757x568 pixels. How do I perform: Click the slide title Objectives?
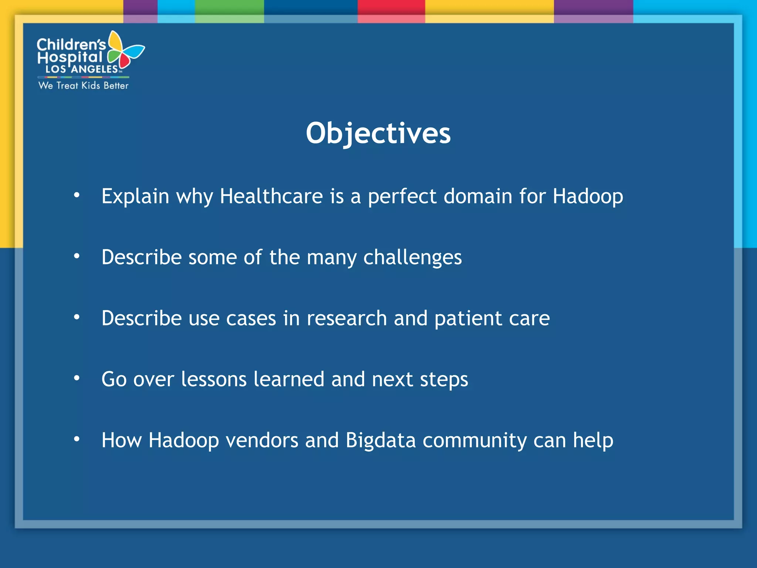coord(378,133)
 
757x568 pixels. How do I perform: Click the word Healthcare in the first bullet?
coord(271,196)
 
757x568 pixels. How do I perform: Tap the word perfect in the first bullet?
coord(402,196)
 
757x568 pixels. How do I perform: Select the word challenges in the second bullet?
coord(412,257)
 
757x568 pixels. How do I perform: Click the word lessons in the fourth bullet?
coord(214,379)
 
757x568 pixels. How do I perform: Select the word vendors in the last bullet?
coord(262,440)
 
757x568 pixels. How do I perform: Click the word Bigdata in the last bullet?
coord(381,440)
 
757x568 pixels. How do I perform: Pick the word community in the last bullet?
coord(475,440)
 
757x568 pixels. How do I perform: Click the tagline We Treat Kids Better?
coord(84,85)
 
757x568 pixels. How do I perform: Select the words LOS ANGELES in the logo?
coord(82,69)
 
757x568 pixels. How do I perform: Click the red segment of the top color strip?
coord(391,7)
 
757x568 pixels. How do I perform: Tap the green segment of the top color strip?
coord(229,7)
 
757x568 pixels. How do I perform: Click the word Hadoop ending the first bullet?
coord(588,196)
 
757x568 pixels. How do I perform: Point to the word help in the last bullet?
coord(593,440)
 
